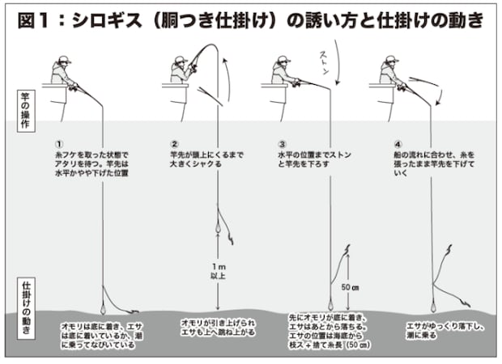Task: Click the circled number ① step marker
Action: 59,145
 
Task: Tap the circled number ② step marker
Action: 174,145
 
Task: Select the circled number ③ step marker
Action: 282,145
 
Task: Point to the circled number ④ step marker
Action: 398,145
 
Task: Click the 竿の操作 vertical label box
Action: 26,111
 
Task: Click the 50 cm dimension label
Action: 350,287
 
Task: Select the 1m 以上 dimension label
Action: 219,271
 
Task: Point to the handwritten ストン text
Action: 325,63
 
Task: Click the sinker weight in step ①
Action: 103,309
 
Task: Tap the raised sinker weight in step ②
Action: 218,228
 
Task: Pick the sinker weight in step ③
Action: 330,305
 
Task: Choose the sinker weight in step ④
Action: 433,307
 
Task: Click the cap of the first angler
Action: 64,59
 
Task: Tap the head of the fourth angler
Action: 392,61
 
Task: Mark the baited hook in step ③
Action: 347,249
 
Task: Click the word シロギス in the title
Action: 106,20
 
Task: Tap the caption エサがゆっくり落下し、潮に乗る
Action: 445,331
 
